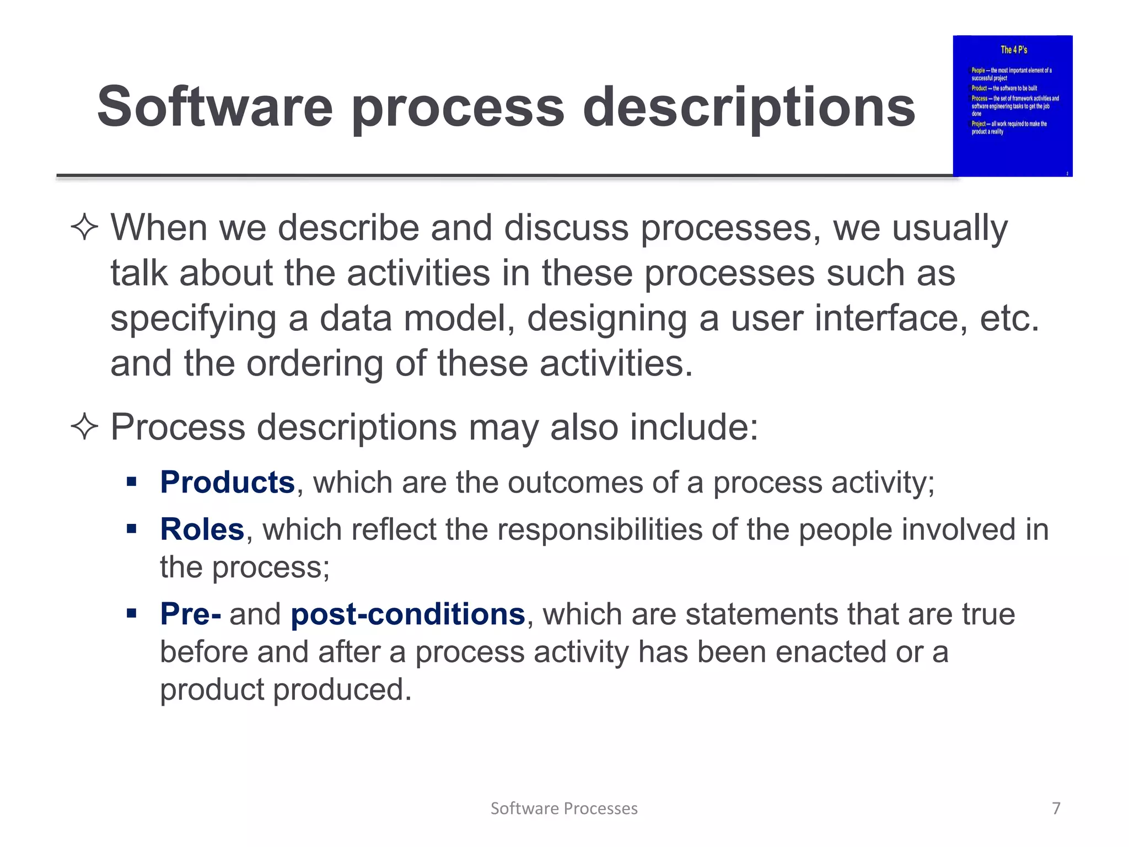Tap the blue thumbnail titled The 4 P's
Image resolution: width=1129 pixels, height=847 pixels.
coord(1013,106)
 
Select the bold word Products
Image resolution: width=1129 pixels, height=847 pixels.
coord(227,483)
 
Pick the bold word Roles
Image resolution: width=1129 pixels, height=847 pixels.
coord(202,529)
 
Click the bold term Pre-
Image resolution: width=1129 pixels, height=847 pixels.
coord(190,614)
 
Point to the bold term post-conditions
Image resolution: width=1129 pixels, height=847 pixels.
coord(407,614)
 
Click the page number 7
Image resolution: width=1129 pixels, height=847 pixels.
coord(1056,808)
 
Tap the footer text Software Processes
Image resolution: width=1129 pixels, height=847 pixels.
coord(564,808)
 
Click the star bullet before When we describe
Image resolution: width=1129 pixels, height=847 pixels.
coord(84,228)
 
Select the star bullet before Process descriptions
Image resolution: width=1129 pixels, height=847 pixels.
coord(84,427)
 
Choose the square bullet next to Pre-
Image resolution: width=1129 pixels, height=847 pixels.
coord(131,613)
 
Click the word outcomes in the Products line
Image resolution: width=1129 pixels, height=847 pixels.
coord(576,483)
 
